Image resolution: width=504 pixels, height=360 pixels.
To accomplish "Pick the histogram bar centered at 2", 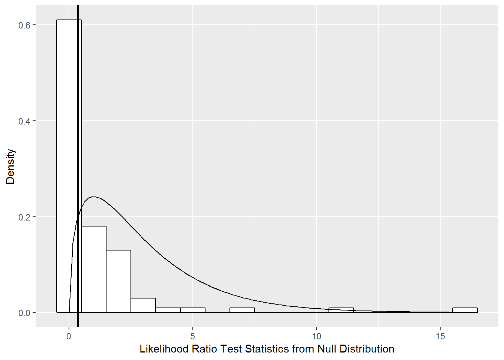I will tap(118, 281).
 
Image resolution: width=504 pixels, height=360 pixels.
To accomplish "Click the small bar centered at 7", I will tap(242, 310).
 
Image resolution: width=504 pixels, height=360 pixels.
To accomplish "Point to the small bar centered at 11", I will tap(341, 310).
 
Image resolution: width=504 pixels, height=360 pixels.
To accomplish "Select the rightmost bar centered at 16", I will tap(465, 310).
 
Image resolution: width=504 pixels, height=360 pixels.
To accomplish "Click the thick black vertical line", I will tap(78, 112).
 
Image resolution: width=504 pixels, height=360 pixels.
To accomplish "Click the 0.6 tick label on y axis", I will tap(24, 25).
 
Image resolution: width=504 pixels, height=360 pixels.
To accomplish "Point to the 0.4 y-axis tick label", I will tap(24, 121).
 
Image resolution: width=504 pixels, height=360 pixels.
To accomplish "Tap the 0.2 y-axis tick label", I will tap(24, 217).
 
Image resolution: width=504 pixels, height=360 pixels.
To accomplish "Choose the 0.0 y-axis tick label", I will tap(24, 313).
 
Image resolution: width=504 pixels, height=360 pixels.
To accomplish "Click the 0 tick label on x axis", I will tap(69, 336).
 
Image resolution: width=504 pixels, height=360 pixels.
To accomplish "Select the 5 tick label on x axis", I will tap(193, 336).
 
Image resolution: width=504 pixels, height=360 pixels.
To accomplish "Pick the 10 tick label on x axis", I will tap(316, 336).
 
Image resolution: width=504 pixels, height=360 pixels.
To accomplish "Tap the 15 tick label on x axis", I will tap(440, 336).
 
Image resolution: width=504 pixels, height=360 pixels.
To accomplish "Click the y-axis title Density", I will tap(10, 166).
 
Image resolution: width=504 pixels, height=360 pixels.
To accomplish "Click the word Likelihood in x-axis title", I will tap(164, 349).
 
